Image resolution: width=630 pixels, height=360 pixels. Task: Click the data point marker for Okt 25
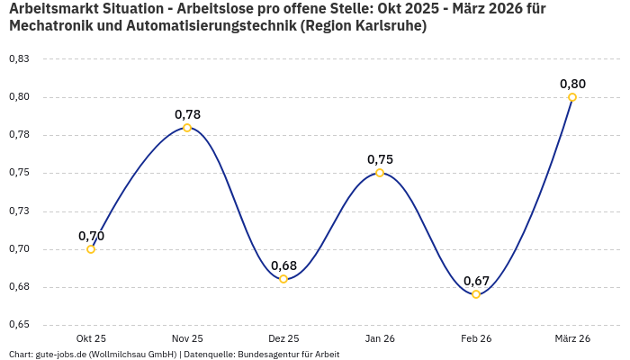point(91,249)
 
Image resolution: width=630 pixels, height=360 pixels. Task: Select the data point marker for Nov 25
point(187,128)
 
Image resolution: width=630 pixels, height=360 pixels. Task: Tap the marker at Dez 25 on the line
point(283,279)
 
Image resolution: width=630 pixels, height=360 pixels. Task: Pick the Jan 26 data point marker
point(380,173)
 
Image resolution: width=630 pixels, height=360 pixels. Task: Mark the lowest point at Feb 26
point(476,294)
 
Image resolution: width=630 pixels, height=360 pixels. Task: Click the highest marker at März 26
point(572,97)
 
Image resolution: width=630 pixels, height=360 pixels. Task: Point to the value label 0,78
point(187,114)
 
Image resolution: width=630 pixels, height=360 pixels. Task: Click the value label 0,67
point(476,281)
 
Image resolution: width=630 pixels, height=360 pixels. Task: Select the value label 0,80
point(572,84)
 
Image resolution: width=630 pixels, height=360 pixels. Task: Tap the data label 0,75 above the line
point(380,159)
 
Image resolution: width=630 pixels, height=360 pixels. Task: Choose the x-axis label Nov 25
point(187,338)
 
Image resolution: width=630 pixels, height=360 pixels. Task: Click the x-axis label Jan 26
point(380,338)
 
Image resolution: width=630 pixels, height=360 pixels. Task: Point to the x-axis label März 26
point(572,338)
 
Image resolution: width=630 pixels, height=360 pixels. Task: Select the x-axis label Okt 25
point(91,338)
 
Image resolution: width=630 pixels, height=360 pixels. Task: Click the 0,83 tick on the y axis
point(19,59)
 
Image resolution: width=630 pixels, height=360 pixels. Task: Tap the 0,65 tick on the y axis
point(19,325)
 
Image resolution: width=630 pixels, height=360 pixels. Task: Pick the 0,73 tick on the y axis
point(19,211)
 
